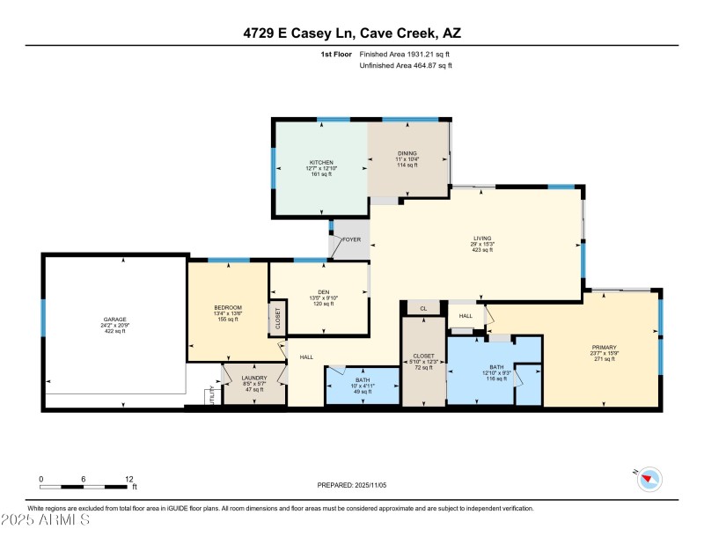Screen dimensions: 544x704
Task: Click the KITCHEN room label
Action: pos(320,163)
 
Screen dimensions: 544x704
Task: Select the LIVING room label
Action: pos(482,238)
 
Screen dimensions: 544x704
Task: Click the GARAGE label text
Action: pos(115,319)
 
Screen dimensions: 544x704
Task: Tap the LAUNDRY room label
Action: pos(253,378)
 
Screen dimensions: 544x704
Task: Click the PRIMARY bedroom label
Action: pos(604,348)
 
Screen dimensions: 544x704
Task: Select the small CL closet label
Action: pos(423,309)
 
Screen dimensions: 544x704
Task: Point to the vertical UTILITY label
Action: pos(210,395)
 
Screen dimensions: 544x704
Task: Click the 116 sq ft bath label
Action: pos(496,367)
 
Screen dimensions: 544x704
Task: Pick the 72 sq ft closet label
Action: pos(423,357)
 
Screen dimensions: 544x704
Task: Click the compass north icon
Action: pos(650,479)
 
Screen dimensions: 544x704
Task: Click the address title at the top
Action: pos(351,33)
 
